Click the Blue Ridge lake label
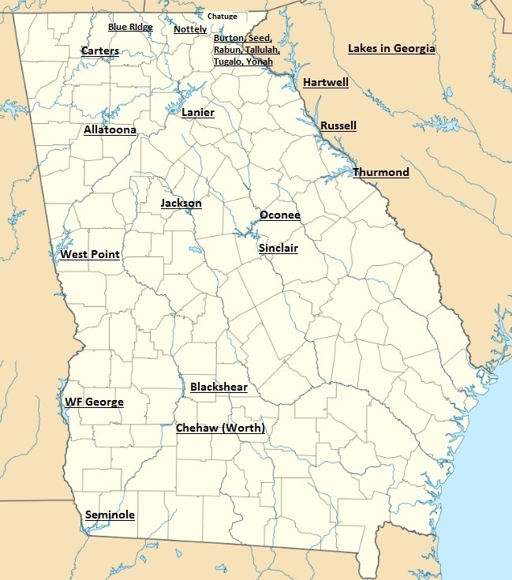tap(130, 27)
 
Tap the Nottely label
tap(190, 30)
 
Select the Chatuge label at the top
tap(222, 17)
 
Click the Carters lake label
tap(100, 51)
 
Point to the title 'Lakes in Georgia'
tap(391, 49)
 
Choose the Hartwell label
tap(326, 82)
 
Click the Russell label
tap(338, 125)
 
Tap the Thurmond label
tap(381, 172)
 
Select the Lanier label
tap(198, 113)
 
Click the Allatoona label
tap(110, 129)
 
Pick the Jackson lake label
tap(181, 204)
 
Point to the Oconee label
tap(280, 215)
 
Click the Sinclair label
tap(278, 248)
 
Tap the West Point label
tap(90, 254)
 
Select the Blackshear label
tap(219, 387)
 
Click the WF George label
tap(94, 402)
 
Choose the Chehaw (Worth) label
tap(220, 428)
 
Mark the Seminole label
tap(110, 515)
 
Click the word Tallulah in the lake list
tap(263, 49)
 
